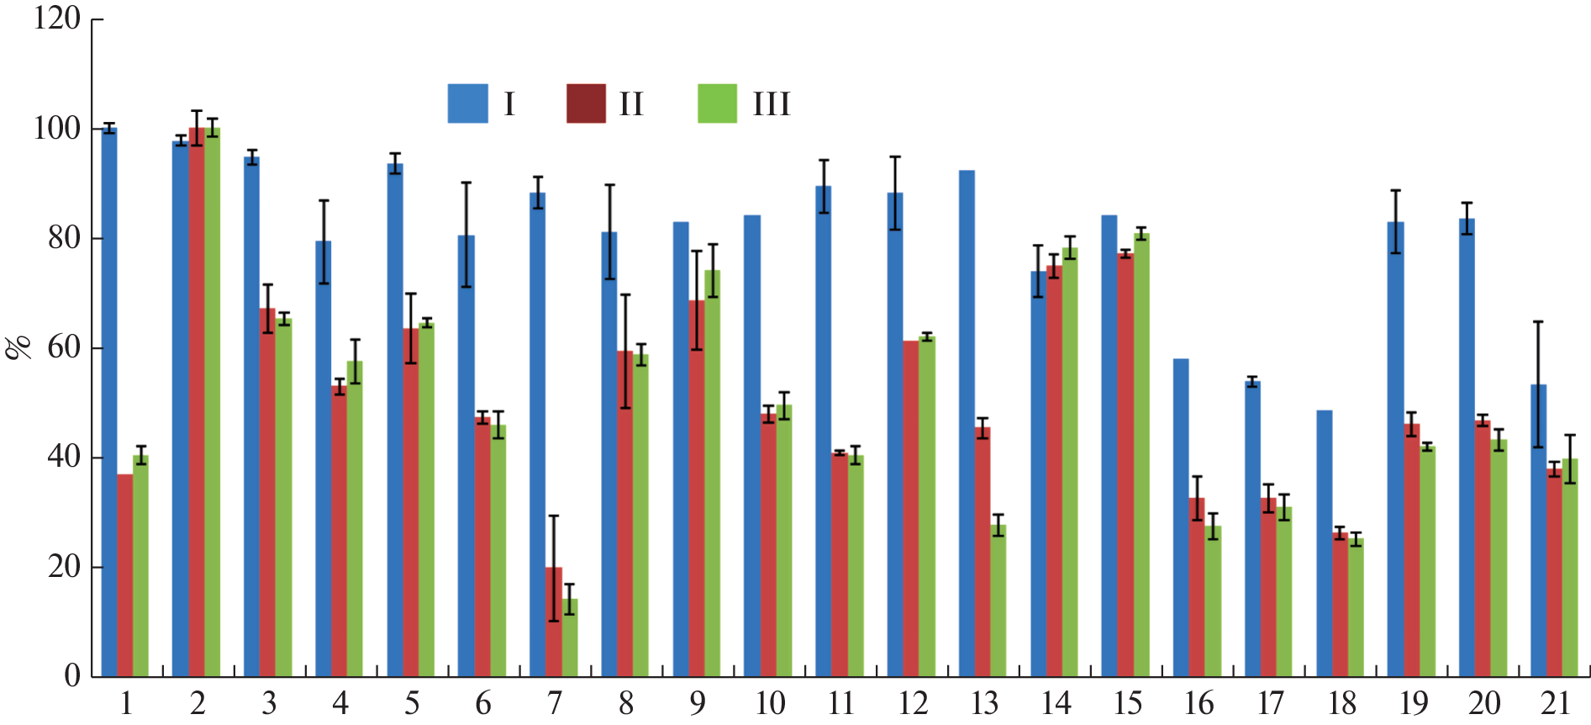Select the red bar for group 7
coord(554,622)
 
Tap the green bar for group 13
coord(998,601)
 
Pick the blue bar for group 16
coord(1181,518)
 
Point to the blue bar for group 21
coord(1538,531)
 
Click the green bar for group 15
coord(1141,455)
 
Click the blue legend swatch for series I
coord(467,103)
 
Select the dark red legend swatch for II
coord(586,103)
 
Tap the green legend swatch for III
coord(717,103)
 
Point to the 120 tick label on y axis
coord(57,18)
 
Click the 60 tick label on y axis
coord(64,347)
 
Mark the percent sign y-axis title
coord(18,347)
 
